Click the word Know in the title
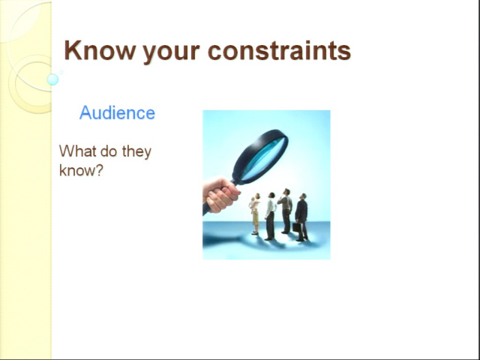tap(100, 50)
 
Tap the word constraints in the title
tap(279, 50)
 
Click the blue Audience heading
tap(117, 112)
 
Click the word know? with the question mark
tap(81, 170)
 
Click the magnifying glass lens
tap(263, 158)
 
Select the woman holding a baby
tap(255, 214)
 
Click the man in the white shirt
tap(270, 216)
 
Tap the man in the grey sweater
tap(286, 211)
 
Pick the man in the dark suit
tap(301, 217)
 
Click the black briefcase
tap(296, 227)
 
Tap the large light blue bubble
tap(52, 79)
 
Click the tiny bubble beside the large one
tap(61, 72)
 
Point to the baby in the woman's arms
tap(253, 203)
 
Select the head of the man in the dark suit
tap(303, 196)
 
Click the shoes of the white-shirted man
tap(269, 238)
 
